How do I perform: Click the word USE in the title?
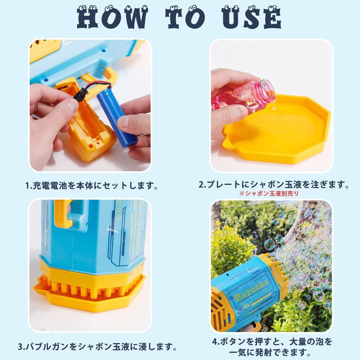pyautogui.click(x=252, y=17)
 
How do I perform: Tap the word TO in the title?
pyautogui.click(x=185, y=17)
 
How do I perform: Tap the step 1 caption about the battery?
pyautogui.click(x=92, y=186)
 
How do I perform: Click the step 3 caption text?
pyautogui.click(x=97, y=347)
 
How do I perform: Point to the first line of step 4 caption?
pyautogui.click(x=272, y=341)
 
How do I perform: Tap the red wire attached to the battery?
pyautogui.click(x=97, y=84)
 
